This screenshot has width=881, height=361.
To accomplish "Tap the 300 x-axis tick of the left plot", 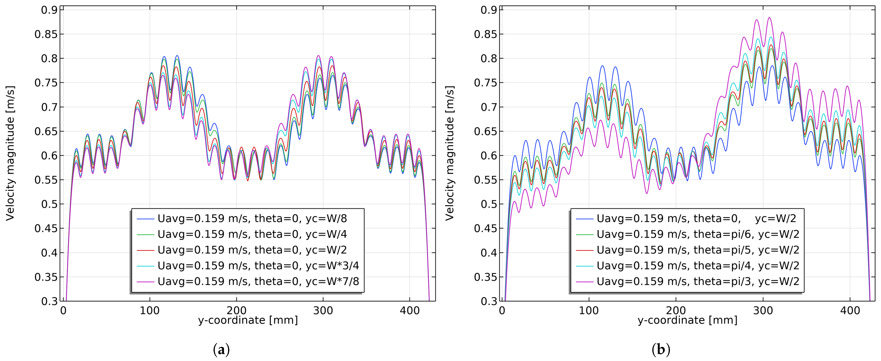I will click(323, 311).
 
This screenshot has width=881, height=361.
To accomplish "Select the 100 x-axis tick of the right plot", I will click(589, 311).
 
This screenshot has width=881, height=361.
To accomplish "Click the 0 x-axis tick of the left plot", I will click(63, 311).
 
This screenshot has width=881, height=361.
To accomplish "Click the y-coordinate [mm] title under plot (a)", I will click(248, 320).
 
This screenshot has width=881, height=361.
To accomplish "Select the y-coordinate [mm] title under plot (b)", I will click(688, 320).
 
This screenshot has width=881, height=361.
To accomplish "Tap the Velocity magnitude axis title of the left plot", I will click(10, 153).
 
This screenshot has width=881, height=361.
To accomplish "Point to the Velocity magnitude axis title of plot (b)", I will click(450, 153).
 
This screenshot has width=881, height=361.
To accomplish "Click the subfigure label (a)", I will click(221, 350).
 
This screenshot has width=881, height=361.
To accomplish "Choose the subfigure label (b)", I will click(661, 350).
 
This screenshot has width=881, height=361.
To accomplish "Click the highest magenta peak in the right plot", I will click(769, 18).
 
